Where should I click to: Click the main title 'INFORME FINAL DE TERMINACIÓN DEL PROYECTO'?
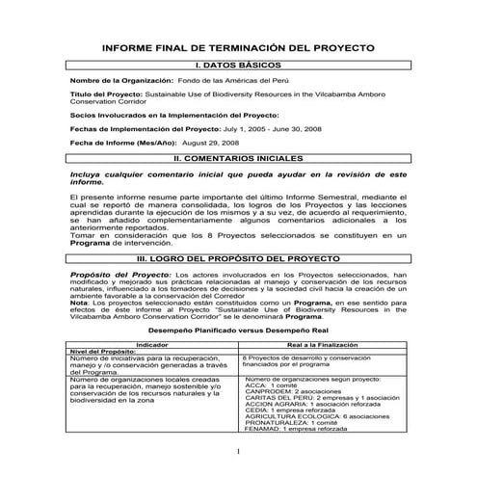[x=237, y=47]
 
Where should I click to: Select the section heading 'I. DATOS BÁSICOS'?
[x=237, y=64]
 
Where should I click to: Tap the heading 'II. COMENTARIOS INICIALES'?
[x=237, y=156]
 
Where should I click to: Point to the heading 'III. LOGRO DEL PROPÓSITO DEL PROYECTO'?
[x=237, y=260]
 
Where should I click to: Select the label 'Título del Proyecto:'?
[x=105, y=94]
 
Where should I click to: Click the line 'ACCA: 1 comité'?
[x=275, y=384]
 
